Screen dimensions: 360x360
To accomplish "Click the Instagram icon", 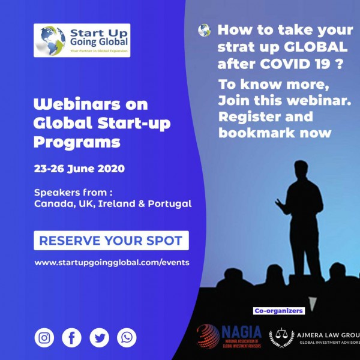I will [44, 337].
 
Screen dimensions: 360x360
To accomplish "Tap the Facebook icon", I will [71, 337].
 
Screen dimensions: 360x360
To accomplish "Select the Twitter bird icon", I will [99, 337].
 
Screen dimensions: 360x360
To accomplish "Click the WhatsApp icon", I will [127, 337].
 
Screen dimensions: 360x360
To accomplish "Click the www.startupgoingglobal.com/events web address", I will [112, 262].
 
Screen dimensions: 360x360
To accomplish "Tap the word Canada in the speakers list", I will [52, 203].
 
